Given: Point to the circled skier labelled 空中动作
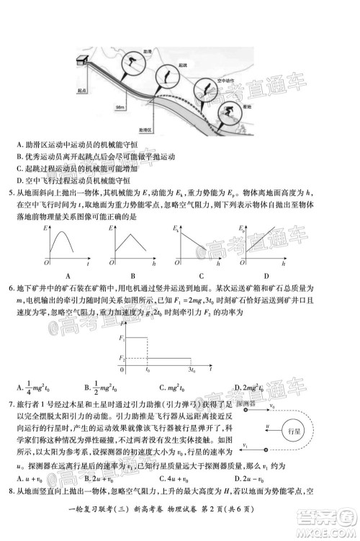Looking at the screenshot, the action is click(x=206, y=89).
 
